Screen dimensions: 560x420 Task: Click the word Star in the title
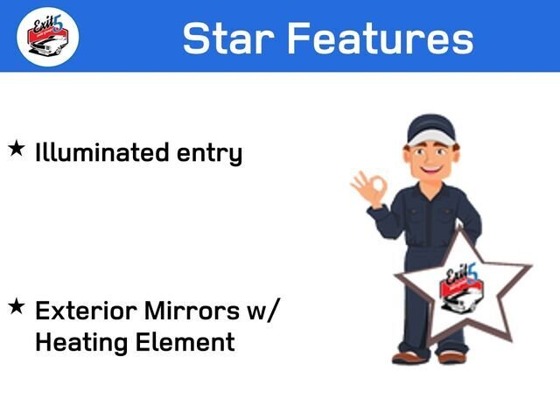click(228, 38)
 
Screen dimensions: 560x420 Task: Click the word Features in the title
click(381, 38)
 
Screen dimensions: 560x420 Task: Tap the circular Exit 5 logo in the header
click(48, 37)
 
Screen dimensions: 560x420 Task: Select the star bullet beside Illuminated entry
click(17, 148)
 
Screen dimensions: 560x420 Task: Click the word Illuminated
click(101, 152)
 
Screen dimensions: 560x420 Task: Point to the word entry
click(210, 154)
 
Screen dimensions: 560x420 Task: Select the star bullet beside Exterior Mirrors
click(17, 307)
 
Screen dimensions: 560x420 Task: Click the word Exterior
click(86, 311)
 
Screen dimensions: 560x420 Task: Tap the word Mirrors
click(192, 311)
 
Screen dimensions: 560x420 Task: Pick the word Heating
click(81, 342)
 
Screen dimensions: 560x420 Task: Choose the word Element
click(185, 342)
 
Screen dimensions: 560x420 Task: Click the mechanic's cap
click(431, 129)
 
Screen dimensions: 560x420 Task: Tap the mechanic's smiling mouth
click(431, 168)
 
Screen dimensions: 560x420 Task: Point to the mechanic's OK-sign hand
click(369, 188)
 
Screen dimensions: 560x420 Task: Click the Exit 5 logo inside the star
click(462, 288)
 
